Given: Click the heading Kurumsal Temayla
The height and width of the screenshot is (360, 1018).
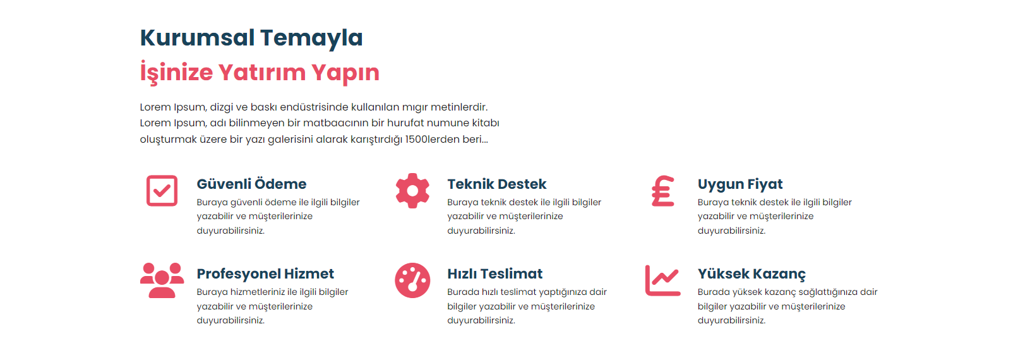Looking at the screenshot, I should click(251, 38).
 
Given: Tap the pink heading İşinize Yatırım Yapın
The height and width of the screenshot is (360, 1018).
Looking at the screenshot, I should click(260, 73).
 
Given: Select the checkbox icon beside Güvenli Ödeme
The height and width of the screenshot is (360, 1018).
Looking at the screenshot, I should click(162, 191).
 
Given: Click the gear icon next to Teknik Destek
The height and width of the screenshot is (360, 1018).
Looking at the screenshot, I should click(412, 191).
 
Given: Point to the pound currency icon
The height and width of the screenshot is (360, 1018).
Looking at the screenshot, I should click(662, 191).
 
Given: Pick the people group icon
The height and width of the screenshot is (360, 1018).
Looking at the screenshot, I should click(162, 280).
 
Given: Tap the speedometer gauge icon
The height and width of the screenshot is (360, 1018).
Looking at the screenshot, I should click(412, 280).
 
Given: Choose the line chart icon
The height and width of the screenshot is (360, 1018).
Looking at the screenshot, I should click(662, 280).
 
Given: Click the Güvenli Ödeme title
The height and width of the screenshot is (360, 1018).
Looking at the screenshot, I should click(251, 184).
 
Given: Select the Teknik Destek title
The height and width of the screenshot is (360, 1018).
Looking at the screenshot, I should click(496, 184).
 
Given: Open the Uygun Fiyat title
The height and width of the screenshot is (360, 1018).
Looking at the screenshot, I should click(740, 184).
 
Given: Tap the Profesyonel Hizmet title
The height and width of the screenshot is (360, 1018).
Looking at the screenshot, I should click(265, 274).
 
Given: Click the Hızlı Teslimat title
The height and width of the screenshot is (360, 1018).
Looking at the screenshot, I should click(494, 274).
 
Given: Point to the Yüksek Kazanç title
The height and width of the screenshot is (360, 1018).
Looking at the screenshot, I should click(752, 274).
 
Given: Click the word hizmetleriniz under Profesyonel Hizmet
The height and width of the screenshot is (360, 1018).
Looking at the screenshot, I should click(257, 292).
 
